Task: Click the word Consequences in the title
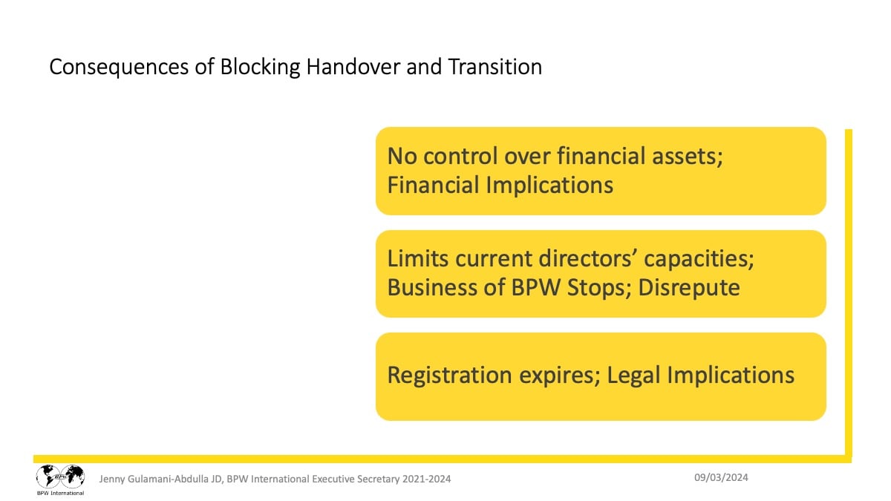119,67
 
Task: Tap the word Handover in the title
353,66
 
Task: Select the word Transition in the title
495,66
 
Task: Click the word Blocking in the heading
260,67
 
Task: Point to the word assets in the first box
688,156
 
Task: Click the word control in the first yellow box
460,156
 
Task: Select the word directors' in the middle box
588,258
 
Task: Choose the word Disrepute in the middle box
689,288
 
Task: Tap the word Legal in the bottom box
633,376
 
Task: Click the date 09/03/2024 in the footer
721,477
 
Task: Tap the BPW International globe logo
60,479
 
